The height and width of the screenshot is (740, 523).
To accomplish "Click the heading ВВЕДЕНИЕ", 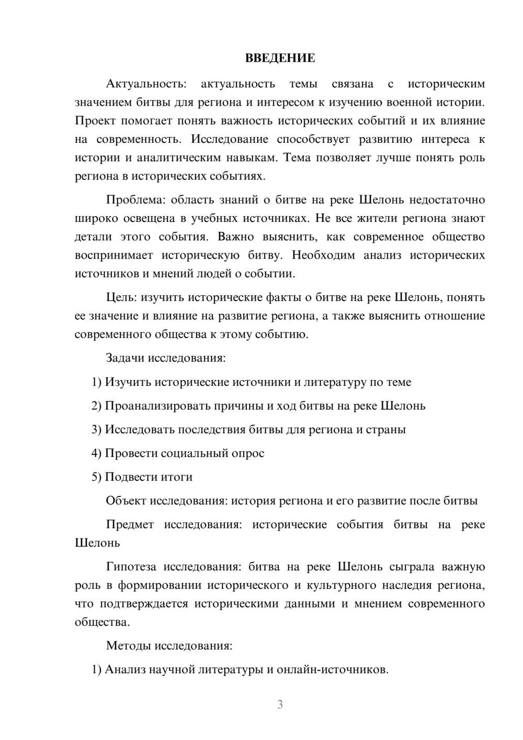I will pyautogui.click(x=280, y=58).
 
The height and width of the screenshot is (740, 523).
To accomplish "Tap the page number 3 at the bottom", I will pyautogui.click(x=280, y=704).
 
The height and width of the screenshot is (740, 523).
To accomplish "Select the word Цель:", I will pyautogui.click(x=121, y=297).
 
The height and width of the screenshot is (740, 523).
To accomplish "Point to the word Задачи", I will pyautogui.click(x=125, y=358).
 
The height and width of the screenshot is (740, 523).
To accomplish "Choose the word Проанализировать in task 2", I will pyautogui.click(x=160, y=406).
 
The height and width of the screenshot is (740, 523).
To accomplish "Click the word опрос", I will pyautogui.click(x=248, y=453).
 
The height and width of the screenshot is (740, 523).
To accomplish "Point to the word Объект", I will pyautogui.click(x=126, y=501).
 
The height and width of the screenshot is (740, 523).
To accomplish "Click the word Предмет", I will pyautogui.click(x=130, y=524).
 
